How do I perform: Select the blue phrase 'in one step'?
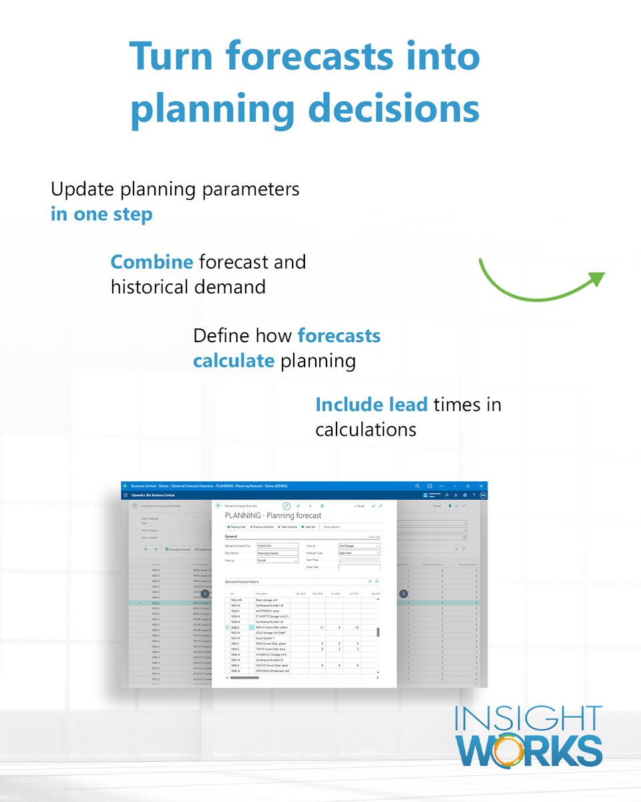click(x=101, y=215)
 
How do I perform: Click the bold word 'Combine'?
click(x=152, y=262)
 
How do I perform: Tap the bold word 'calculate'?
click(x=233, y=361)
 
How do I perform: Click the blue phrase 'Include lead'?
click(x=371, y=404)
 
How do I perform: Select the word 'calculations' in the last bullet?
click(x=365, y=429)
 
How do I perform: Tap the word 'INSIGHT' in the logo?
click(x=528, y=719)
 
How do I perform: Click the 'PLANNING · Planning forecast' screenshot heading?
click(x=272, y=515)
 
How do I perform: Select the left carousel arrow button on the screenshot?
click(x=205, y=593)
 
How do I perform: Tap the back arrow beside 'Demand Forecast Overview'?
click(x=218, y=506)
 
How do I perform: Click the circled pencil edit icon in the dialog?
click(x=286, y=506)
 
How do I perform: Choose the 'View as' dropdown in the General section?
click(x=359, y=546)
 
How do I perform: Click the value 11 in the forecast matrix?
click(x=322, y=628)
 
